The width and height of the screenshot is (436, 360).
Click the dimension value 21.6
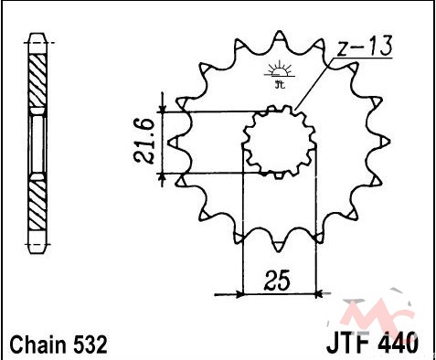tap(144, 141)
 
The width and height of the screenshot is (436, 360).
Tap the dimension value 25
tap(277, 280)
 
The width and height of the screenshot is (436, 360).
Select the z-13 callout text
tap(366, 47)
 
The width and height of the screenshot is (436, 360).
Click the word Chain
tap(37, 344)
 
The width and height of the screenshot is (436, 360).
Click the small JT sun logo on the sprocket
tap(279, 75)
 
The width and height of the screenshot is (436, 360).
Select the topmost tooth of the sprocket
tap(279, 37)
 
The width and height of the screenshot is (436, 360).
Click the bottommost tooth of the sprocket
tap(279, 246)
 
